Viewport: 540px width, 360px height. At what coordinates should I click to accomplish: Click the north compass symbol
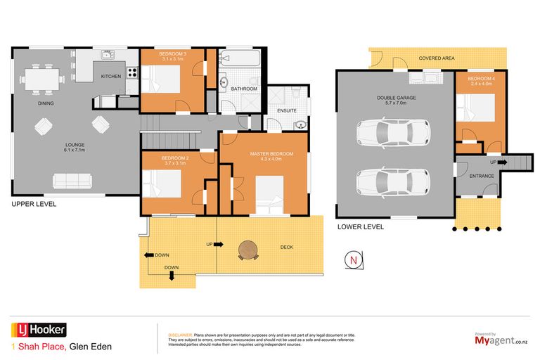pyautogui.click(x=354, y=260)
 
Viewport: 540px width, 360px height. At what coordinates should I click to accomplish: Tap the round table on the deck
pyautogui.click(x=248, y=250)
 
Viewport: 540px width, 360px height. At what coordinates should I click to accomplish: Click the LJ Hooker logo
pyautogui.click(x=39, y=330)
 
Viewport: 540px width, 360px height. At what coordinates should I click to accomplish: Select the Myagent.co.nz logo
pyautogui.click(x=501, y=340)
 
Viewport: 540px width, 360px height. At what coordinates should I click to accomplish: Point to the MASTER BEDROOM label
pyautogui.click(x=271, y=153)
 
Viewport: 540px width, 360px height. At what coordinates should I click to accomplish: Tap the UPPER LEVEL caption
pyautogui.click(x=34, y=204)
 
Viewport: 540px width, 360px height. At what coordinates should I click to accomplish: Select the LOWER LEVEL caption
pyautogui.click(x=361, y=227)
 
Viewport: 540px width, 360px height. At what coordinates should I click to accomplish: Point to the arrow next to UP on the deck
pyautogui.click(x=218, y=244)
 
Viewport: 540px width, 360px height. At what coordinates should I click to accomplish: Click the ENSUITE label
pyautogui.click(x=287, y=110)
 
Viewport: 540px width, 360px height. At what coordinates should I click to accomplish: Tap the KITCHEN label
pyautogui.click(x=111, y=76)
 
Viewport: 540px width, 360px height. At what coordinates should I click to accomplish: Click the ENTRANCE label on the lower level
pyautogui.click(x=482, y=176)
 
